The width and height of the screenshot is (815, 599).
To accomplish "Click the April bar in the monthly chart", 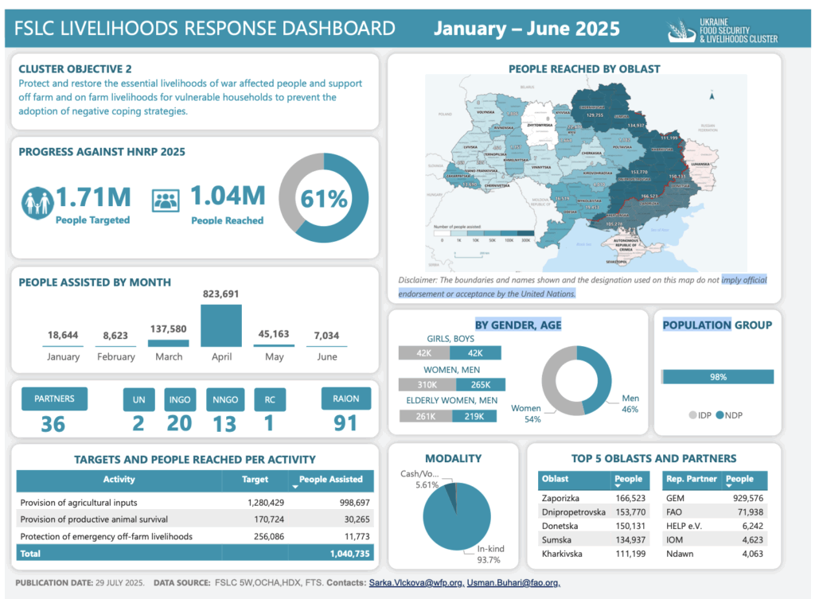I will (x=221, y=325).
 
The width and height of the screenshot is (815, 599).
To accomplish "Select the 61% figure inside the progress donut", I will (x=324, y=198).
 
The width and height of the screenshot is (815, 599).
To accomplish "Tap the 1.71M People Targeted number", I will (x=93, y=196).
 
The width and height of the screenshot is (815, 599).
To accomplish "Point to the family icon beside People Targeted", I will (x=37, y=203).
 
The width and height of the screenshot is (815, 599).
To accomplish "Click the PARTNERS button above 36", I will (x=54, y=398).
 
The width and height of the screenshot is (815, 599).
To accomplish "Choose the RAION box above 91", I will (x=345, y=398).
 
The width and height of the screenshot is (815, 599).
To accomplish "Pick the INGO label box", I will (x=180, y=399).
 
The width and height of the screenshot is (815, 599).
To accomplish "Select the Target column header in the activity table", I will (x=255, y=480).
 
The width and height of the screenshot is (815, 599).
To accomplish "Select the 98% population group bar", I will (x=718, y=377).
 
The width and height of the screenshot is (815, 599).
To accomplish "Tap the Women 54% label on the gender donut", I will (x=526, y=414).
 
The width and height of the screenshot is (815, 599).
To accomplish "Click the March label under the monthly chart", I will (x=169, y=356).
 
